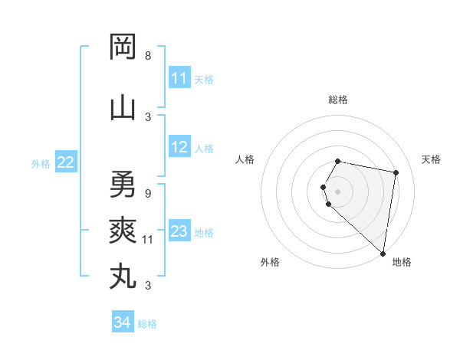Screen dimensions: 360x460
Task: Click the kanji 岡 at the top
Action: click(x=123, y=47)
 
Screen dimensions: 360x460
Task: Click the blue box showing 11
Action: click(x=179, y=78)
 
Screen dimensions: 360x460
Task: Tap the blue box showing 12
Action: click(x=179, y=148)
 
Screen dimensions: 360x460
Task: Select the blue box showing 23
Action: click(x=179, y=231)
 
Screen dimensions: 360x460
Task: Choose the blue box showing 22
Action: click(x=66, y=162)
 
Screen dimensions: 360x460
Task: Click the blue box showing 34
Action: click(x=122, y=322)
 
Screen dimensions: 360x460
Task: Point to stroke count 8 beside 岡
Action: click(x=148, y=56)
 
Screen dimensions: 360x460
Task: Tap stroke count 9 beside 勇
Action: click(x=148, y=194)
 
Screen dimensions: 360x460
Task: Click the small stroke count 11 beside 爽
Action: click(x=149, y=240)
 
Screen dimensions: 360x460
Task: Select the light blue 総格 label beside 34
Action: click(x=147, y=324)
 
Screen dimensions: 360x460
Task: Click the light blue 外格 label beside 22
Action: click(x=41, y=163)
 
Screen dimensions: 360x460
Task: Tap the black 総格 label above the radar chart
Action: click(x=338, y=100)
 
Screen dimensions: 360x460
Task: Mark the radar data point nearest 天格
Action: click(x=396, y=173)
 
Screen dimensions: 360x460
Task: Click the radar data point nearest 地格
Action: click(x=383, y=253)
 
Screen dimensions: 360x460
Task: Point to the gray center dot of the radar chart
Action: click(x=338, y=191)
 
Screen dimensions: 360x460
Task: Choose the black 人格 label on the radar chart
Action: click(x=245, y=159)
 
